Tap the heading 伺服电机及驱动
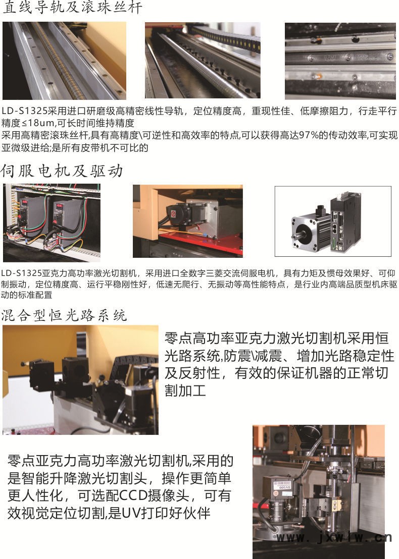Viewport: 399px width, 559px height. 62,171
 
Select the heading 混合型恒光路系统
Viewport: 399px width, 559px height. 64,315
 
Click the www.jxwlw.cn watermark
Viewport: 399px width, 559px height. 334,537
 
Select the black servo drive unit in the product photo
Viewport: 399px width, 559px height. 345,221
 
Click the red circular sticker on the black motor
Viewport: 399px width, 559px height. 173,214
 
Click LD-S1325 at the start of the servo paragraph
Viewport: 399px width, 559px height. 21,274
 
